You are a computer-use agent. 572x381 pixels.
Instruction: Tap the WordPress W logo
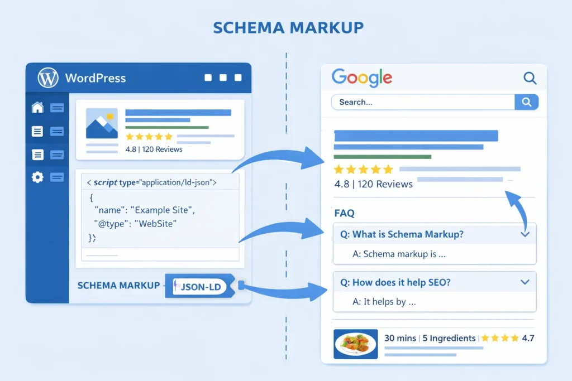click(47, 78)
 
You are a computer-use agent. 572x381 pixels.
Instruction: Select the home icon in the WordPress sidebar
click(37, 107)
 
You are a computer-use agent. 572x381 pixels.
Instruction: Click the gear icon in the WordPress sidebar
click(37, 177)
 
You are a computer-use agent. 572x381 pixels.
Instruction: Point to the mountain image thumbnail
click(102, 123)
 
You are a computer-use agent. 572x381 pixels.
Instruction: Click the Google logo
click(361, 78)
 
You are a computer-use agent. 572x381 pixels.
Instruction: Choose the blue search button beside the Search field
click(526, 102)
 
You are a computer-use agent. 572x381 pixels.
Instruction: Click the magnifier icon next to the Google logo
click(530, 78)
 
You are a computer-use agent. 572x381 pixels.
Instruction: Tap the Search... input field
click(423, 102)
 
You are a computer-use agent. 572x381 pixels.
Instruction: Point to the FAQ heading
click(344, 213)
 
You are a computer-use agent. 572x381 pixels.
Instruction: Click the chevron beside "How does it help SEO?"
click(525, 282)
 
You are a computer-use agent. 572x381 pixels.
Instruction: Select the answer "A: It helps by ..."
click(384, 302)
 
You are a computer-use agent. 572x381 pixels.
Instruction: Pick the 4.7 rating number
click(527, 338)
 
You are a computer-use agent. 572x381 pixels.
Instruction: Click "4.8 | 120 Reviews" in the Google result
click(373, 184)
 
